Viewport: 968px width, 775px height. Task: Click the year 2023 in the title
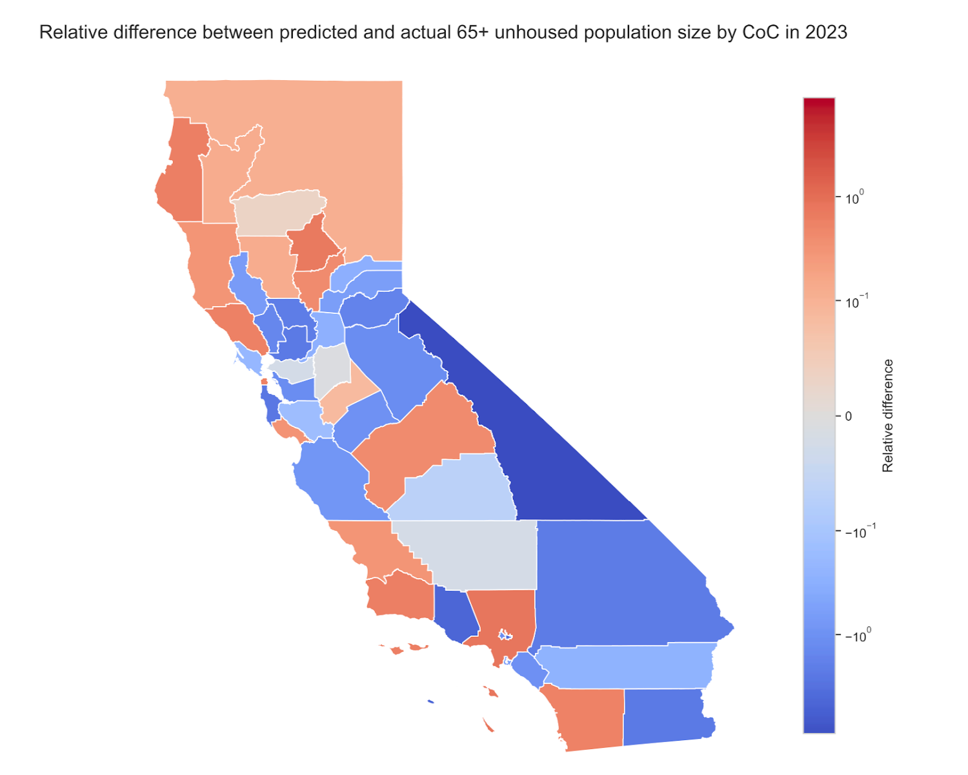826,32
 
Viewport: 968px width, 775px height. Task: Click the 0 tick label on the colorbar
848,417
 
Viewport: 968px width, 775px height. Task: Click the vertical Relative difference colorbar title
888,415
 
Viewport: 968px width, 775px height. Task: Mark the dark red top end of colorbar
818,103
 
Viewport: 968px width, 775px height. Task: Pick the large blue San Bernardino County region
620,581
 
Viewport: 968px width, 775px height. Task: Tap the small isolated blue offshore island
430,701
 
